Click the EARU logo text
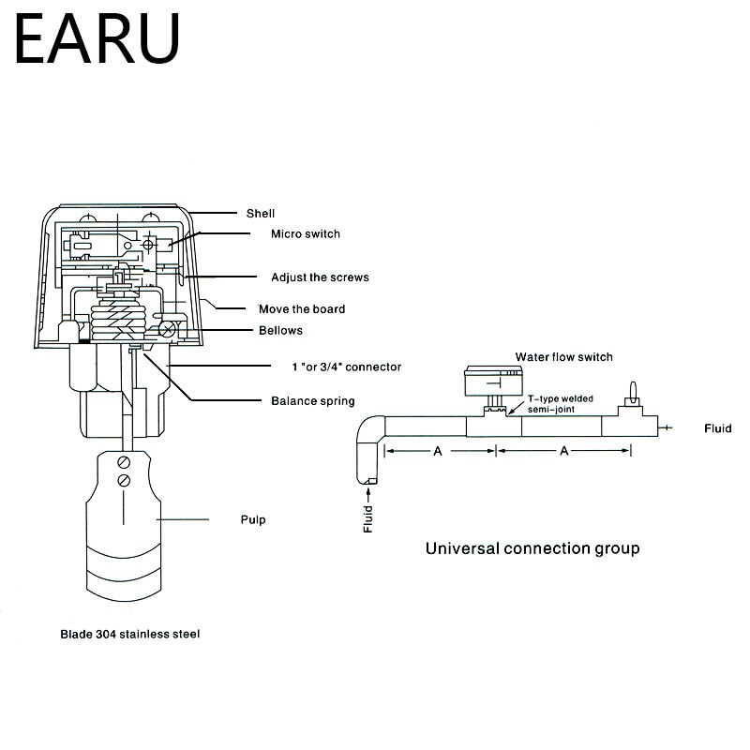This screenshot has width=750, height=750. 97,39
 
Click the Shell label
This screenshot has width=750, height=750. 260,213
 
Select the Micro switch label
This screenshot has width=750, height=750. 306,233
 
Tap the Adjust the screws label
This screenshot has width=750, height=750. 320,277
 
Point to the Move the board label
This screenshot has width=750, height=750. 302,308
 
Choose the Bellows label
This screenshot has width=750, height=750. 280,330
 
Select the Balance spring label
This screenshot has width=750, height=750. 312,401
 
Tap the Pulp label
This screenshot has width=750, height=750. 253,519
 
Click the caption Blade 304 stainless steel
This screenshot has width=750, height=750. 129,634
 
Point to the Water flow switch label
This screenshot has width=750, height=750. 563,356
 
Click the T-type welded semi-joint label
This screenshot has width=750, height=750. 561,403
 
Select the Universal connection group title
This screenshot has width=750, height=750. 532,548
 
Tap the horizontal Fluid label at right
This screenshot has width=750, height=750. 717,428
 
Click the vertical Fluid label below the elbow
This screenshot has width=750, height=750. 367,518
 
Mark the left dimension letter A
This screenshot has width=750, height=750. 437,451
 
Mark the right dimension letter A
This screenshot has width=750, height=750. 563,451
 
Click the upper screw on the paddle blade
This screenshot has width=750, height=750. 123,462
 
